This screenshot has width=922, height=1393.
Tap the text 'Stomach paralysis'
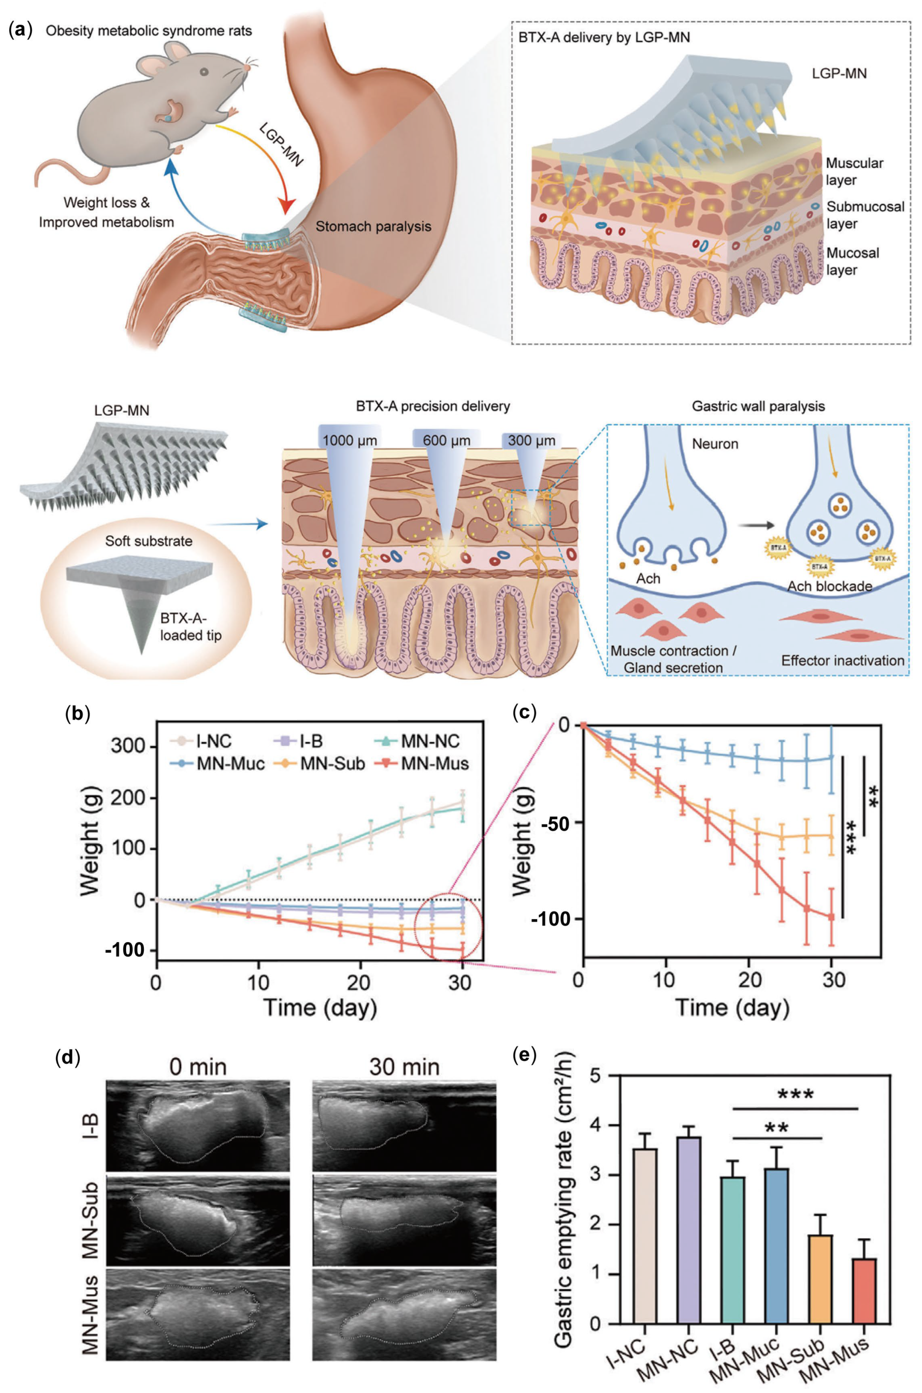pos(373,226)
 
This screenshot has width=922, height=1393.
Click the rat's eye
pos(203,71)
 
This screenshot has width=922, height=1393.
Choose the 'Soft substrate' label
pos(148,541)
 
